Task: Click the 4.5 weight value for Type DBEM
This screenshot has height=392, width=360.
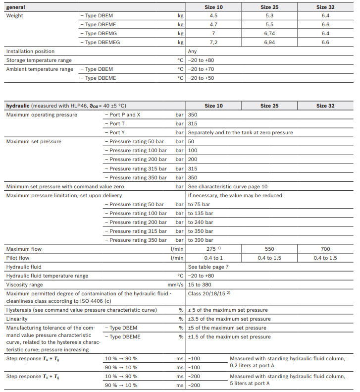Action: [x=213, y=16]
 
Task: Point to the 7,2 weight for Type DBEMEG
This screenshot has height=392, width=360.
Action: [x=213, y=43]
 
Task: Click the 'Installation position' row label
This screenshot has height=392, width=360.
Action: [x=30, y=52]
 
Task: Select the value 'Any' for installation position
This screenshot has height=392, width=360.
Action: [x=193, y=52]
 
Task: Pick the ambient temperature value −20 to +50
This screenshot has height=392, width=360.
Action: [x=201, y=78]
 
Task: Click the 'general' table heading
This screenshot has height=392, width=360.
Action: [x=15, y=7]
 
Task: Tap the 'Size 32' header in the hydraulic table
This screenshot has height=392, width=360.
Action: [x=325, y=106]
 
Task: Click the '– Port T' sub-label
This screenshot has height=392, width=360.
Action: [x=117, y=124]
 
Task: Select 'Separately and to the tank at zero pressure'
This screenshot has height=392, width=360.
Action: [x=240, y=133]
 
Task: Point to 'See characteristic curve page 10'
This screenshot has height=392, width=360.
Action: [x=228, y=186]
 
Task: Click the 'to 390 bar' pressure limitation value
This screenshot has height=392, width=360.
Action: [x=201, y=240]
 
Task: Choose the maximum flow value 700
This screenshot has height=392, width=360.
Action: [x=325, y=249]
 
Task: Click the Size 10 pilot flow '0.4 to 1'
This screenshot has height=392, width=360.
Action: [x=213, y=258]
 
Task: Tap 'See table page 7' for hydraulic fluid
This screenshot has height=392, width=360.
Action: [x=208, y=267]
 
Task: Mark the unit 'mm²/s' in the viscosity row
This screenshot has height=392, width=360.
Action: [x=176, y=285]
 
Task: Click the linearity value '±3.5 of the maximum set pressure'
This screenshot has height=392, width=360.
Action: [x=229, y=319]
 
